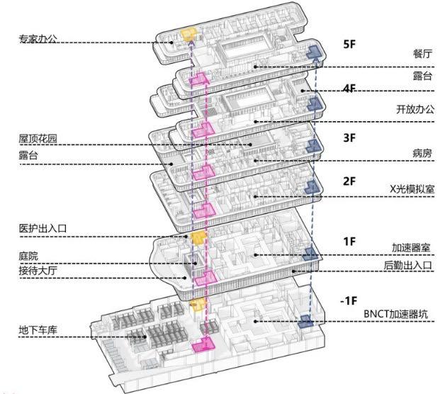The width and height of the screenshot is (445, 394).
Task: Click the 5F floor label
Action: pos(349,44)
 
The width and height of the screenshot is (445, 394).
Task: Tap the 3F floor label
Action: pos(349,137)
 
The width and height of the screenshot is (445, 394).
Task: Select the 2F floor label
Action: pos(349,181)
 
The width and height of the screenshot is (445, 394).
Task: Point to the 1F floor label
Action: pos(349,242)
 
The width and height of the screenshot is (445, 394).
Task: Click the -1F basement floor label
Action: pos(349,300)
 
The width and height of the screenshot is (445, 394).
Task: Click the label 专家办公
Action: pos(38,39)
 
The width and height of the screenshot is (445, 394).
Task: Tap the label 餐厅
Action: pos(422,54)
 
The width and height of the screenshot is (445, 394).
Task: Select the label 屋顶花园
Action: pos(38,139)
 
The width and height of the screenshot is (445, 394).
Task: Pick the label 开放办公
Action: pos(415,109)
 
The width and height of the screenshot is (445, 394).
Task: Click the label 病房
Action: pos(422,154)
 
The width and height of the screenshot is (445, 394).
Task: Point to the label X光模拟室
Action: pos(412,188)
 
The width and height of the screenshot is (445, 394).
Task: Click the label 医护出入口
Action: pos(43,228)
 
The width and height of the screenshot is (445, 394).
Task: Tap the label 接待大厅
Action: pos(38,271)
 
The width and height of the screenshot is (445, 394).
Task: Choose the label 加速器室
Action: pos(411,248)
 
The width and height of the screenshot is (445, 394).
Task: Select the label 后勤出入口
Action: pos(408,266)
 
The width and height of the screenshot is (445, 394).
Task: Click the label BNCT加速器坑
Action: pos(395,314)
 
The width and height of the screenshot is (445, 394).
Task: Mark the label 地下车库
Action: pos(38,330)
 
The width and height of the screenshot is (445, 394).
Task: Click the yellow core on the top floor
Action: pos(189,34)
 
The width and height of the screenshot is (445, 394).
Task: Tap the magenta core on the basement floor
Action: pos(203,345)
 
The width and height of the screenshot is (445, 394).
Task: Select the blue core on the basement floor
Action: pos(305,321)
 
